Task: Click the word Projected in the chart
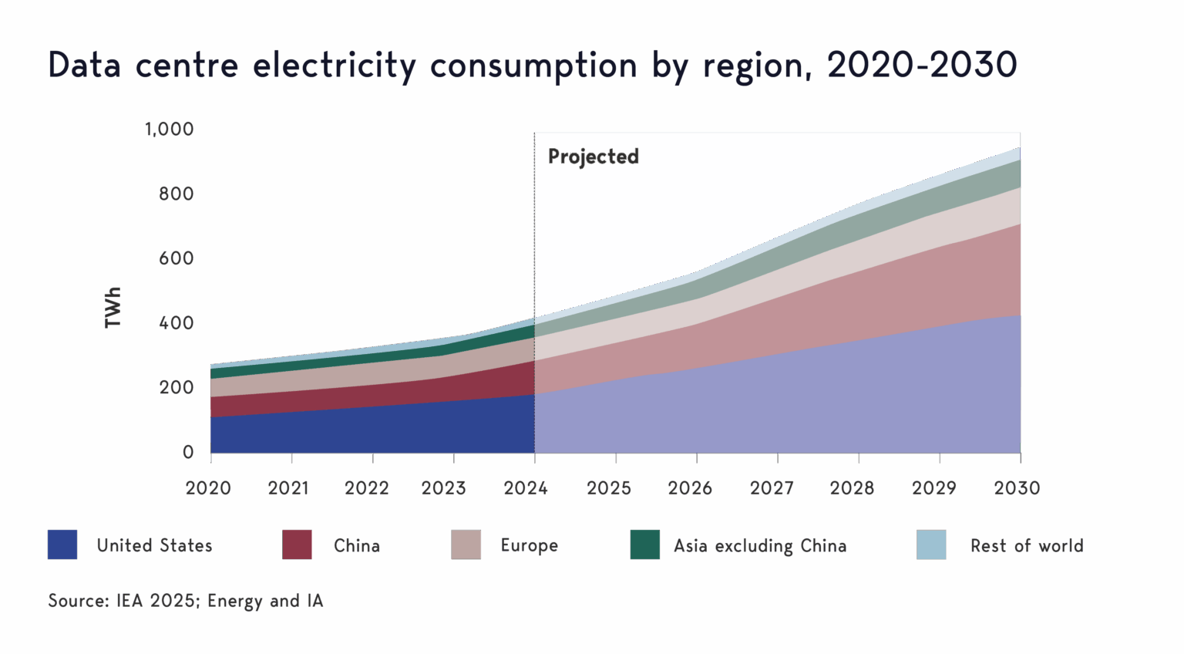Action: [x=593, y=157]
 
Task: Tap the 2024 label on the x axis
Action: [x=526, y=488]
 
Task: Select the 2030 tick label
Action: [x=1017, y=488]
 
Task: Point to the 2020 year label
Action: [x=208, y=488]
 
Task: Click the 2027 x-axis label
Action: [x=772, y=488]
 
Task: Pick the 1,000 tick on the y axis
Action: [x=169, y=129]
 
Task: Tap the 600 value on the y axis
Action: [x=176, y=258]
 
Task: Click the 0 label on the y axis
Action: [x=188, y=452]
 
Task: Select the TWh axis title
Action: [x=113, y=308]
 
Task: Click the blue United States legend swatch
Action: [x=62, y=544]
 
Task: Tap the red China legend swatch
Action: [x=298, y=544]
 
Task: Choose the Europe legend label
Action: [x=529, y=545]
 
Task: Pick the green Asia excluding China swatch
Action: [x=644, y=544]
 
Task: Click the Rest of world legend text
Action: [x=1027, y=545]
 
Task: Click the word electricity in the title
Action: [x=335, y=65]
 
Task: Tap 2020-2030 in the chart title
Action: [x=922, y=65]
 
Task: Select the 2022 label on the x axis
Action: [x=366, y=488]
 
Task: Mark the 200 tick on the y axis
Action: [x=176, y=387]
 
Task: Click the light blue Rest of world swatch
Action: [x=931, y=544]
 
